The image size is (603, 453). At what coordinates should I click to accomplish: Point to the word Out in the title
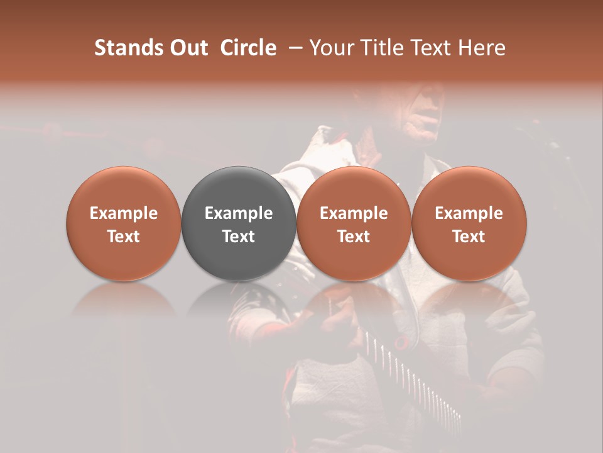click(x=187, y=48)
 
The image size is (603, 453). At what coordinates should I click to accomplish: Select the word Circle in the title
click(x=248, y=48)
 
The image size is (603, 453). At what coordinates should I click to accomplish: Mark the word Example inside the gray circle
click(x=239, y=213)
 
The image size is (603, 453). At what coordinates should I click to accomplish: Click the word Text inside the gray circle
click(x=239, y=237)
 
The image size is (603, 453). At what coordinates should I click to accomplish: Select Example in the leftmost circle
click(x=124, y=213)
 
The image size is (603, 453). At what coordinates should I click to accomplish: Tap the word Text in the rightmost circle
click(x=469, y=237)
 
